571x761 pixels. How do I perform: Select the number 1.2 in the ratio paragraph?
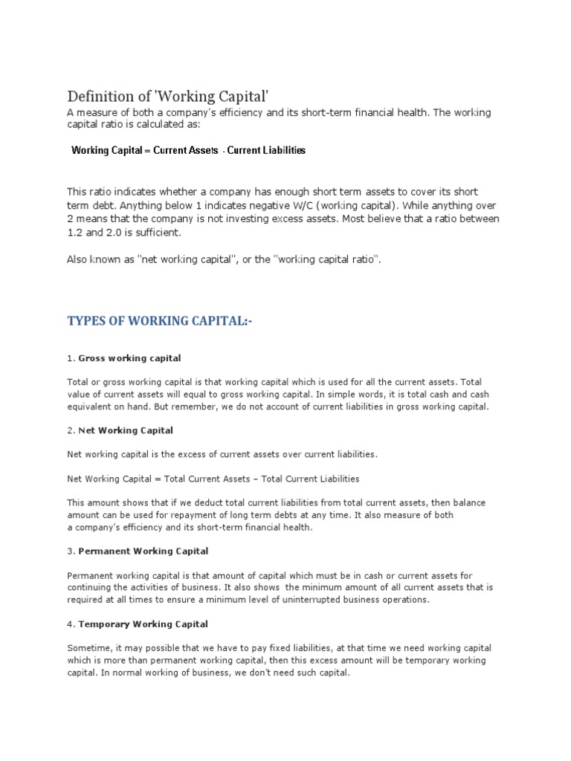tap(75, 233)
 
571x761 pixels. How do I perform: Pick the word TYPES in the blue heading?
tap(88, 320)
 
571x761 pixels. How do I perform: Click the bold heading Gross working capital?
tap(129, 358)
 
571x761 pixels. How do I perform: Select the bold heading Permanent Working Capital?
tap(143, 551)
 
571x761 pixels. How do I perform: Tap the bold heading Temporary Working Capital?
tap(143, 624)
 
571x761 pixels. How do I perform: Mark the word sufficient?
tap(158, 233)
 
